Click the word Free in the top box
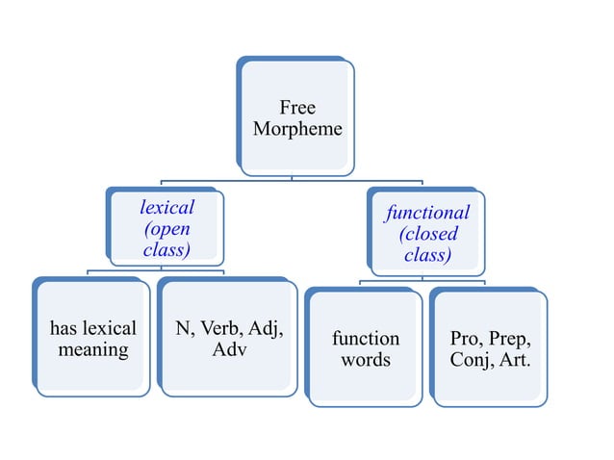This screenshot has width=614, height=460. pos(297,107)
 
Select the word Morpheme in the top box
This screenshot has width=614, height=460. pos(297,128)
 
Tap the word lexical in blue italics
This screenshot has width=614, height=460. pos(166,207)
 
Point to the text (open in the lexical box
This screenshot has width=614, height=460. pos(166,229)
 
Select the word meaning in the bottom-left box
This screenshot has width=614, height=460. pos(93,350)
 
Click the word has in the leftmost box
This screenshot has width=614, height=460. pos(66,329)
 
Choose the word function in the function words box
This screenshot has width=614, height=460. pos(366,339)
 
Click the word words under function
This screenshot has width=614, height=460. pos(366,360)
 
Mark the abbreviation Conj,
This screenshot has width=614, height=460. pos(471,360)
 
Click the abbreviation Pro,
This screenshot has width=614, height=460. pos(468,339)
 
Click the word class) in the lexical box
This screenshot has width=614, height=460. pos(166,250)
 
